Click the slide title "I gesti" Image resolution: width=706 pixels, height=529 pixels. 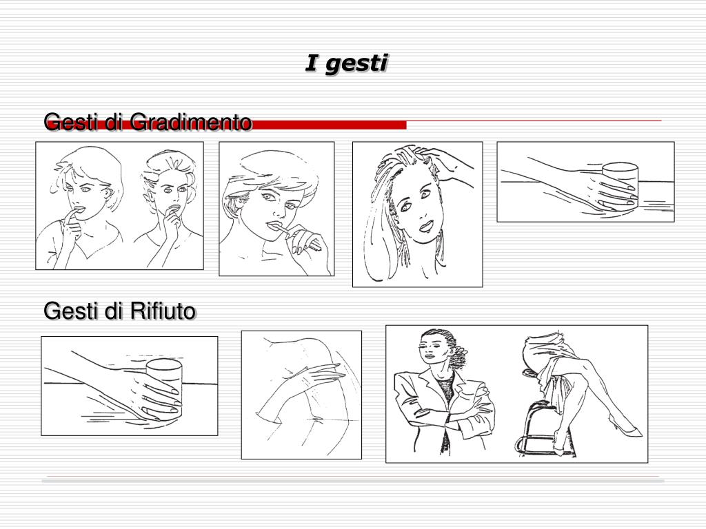tap(346, 63)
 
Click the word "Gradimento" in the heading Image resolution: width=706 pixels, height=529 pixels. tap(190, 122)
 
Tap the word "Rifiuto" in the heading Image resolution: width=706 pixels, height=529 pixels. tap(163, 311)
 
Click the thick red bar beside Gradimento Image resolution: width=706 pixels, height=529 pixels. tap(329, 125)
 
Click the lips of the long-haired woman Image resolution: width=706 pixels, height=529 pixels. tap(426, 225)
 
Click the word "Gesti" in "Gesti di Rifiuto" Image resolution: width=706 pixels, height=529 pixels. tap(72, 311)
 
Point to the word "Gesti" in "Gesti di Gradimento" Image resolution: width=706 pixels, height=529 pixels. tap(72, 122)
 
